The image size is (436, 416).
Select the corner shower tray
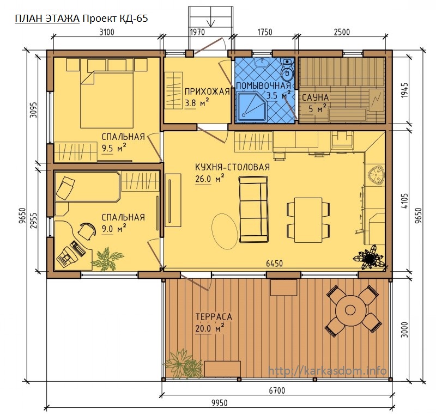(252, 107)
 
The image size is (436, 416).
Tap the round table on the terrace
(350, 309)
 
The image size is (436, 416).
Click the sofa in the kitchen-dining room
(254, 209)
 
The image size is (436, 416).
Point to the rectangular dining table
(308, 220)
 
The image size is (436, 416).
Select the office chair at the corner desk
(87, 230)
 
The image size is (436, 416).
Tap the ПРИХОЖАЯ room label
(207, 91)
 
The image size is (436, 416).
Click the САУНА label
(316, 97)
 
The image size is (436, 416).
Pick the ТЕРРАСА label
(214, 316)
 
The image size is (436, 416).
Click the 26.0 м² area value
(210, 179)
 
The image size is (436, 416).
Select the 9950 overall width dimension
(220, 403)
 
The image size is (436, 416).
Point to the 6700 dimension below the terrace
(277, 391)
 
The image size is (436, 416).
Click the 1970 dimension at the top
(197, 32)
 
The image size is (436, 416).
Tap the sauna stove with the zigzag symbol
(377, 100)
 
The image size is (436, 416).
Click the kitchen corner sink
(376, 175)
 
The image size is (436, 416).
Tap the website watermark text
(328, 370)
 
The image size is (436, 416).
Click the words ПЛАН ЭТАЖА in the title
(47, 19)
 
